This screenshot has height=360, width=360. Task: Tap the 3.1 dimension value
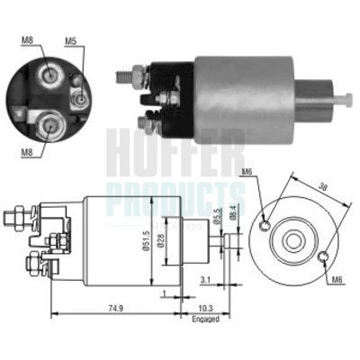pos(206,281)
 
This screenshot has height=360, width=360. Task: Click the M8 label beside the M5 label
pos(31,40)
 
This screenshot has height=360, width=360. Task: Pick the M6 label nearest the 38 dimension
pos(248,173)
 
